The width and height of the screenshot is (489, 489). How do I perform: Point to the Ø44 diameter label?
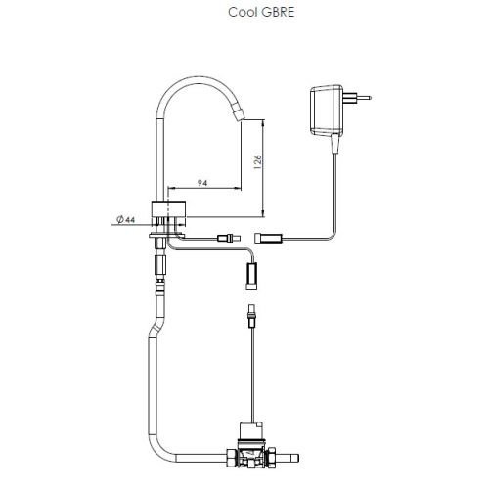tap(125, 220)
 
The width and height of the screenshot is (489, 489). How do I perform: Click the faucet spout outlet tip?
tap(238, 116)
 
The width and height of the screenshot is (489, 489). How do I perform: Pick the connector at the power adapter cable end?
tap(269, 238)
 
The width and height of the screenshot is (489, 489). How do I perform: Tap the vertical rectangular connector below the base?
tap(250, 276)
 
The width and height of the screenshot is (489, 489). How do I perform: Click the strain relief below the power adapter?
tap(335, 145)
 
